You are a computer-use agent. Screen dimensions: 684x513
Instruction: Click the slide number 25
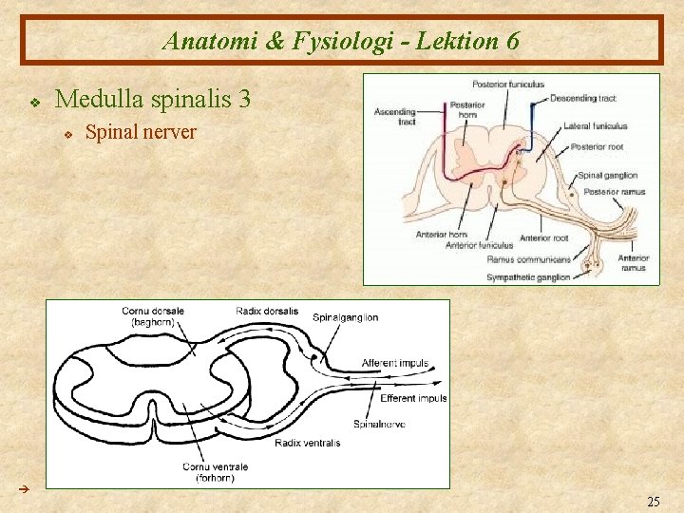(x=653, y=501)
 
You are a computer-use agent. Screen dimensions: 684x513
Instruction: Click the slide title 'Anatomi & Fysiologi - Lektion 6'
(x=341, y=41)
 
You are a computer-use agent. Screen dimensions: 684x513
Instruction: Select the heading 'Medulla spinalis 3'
(x=153, y=98)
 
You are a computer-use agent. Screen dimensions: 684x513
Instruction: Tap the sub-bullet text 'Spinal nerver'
(x=141, y=132)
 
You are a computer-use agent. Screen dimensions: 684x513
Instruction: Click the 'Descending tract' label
(x=583, y=98)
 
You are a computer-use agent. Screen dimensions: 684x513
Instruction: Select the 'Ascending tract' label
(x=393, y=116)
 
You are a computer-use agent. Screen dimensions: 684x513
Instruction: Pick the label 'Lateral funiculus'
(x=596, y=125)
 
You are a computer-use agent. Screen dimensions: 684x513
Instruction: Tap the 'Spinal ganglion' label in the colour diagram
(x=607, y=175)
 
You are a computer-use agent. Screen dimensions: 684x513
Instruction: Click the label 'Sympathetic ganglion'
(x=528, y=276)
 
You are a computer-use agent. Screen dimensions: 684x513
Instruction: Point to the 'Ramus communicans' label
(x=528, y=258)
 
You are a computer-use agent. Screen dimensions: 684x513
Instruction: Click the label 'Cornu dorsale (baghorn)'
(x=153, y=316)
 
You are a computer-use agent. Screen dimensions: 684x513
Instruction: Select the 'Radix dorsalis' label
(x=267, y=311)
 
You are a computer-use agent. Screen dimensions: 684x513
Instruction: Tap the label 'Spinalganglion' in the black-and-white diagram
(x=345, y=317)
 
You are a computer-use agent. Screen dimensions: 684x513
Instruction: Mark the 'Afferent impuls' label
(x=395, y=363)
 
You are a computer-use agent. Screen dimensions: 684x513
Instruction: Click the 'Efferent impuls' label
(x=413, y=398)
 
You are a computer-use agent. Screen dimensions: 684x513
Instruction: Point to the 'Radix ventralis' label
(x=307, y=443)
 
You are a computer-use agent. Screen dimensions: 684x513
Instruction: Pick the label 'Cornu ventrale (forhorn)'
(x=216, y=471)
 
